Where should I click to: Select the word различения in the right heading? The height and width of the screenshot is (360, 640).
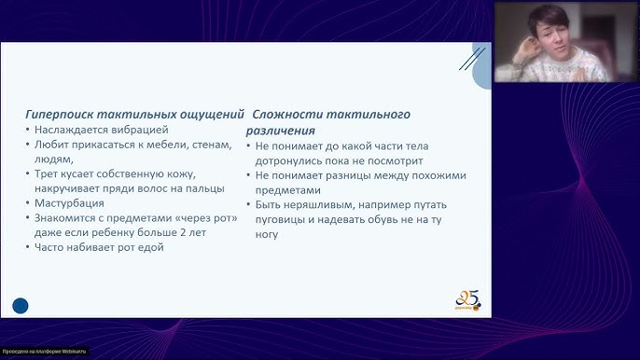click(x=280, y=131)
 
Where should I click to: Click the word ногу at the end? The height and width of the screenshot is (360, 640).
click(x=267, y=235)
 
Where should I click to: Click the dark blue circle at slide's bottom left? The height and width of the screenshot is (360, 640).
click(x=21, y=305)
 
